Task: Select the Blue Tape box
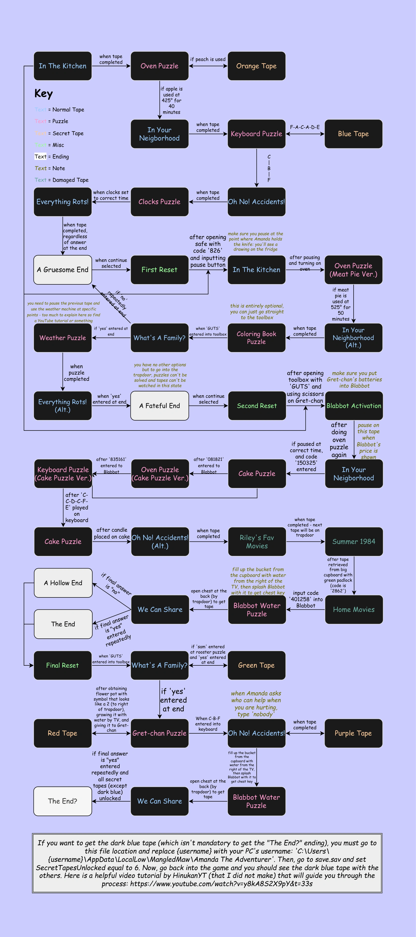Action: coord(353,134)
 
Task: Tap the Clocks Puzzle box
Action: coord(159,202)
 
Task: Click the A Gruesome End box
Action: coord(62,270)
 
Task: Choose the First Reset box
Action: coord(159,270)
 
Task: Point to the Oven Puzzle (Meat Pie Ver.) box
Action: coord(353,270)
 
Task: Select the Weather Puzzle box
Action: coord(62,338)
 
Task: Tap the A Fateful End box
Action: coord(159,406)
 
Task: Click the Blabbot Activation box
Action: coord(354,406)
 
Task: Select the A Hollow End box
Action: coord(63,583)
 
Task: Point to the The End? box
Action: coord(62,801)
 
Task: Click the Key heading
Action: coord(44,93)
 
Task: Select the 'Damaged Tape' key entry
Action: coord(61,180)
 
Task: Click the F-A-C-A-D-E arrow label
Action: coord(304,127)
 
